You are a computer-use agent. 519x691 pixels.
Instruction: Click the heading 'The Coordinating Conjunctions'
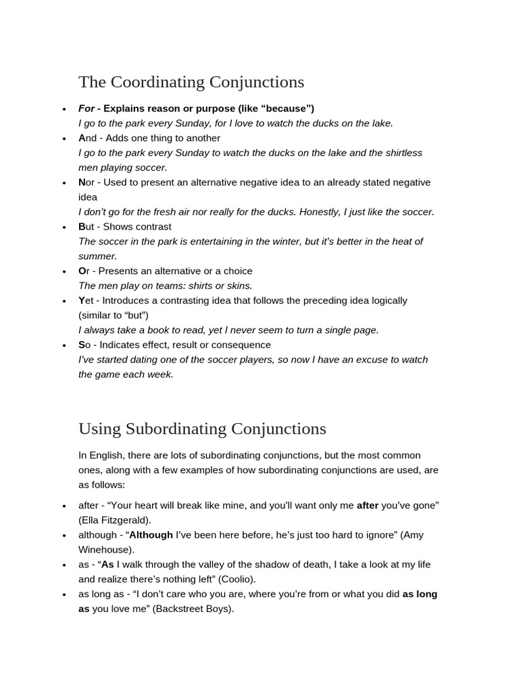[x=191, y=82]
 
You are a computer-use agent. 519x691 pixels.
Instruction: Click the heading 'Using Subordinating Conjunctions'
[x=202, y=429]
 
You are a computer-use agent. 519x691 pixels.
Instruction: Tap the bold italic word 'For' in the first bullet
[x=86, y=109]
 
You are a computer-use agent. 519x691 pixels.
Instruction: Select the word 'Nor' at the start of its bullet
[x=86, y=182]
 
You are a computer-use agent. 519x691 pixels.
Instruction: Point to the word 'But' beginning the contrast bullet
[x=86, y=227]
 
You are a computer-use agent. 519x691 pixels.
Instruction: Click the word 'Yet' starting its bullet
[x=86, y=300]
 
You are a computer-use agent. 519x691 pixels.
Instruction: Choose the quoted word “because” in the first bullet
[x=287, y=109]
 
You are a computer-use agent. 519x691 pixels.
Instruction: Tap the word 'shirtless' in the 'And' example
[x=399, y=153]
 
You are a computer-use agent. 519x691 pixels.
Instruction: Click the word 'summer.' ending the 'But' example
[x=98, y=256]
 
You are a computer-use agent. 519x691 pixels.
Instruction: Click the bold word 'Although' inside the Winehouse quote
[x=151, y=535]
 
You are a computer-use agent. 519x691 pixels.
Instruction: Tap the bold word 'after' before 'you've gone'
[x=367, y=505]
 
